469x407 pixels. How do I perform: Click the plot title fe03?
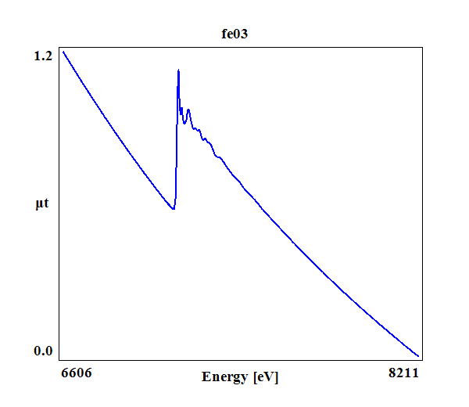point(234,34)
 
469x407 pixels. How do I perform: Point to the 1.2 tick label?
point(43,56)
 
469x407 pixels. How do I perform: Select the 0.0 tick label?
point(43,351)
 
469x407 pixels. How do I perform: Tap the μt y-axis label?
point(44,204)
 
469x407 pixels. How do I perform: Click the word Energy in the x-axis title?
point(225,377)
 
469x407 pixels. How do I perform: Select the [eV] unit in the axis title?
point(265,377)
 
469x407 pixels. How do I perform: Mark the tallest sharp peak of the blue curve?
point(179,70)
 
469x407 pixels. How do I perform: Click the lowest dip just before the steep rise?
point(173,209)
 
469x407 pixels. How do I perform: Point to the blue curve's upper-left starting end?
point(63,52)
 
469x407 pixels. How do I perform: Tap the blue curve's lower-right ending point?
point(419,356)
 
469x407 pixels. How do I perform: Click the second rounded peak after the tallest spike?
point(188,110)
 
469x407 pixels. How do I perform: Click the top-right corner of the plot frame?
point(423,47)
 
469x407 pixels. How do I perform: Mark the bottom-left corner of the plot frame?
point(59,360)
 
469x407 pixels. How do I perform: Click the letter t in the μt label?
point(48,204)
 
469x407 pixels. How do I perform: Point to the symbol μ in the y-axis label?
point(40,205)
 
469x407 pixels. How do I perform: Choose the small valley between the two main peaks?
point(184,123)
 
